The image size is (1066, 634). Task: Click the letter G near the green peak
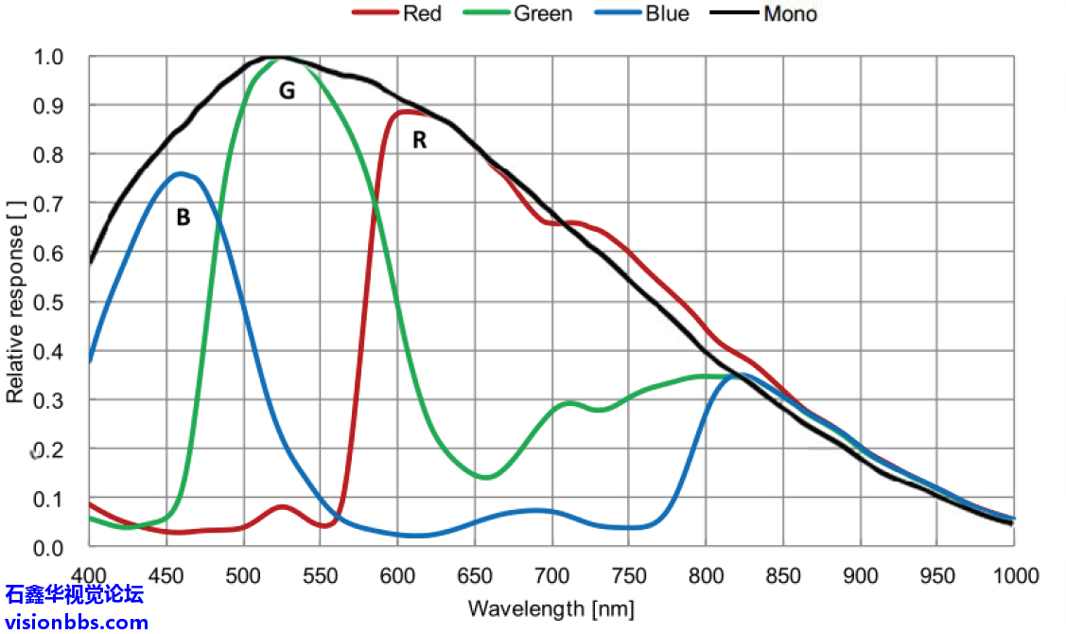point(286,91)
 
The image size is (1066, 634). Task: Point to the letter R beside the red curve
point(419,140)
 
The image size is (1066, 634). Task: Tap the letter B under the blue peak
point(183,218)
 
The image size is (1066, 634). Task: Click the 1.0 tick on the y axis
point(48,57)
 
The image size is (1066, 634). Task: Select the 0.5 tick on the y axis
point(48,302)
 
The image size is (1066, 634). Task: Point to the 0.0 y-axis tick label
point(48,548)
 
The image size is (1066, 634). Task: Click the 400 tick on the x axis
point(88,575)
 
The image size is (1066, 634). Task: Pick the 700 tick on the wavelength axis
point(551,575)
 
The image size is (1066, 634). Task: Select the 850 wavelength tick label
point(783,575)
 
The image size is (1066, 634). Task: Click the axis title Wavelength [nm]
point(550,608)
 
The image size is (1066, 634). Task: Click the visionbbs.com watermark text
point(76,622)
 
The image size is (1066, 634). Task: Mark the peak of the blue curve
point(181,173)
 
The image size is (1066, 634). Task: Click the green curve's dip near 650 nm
point(485,477)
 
